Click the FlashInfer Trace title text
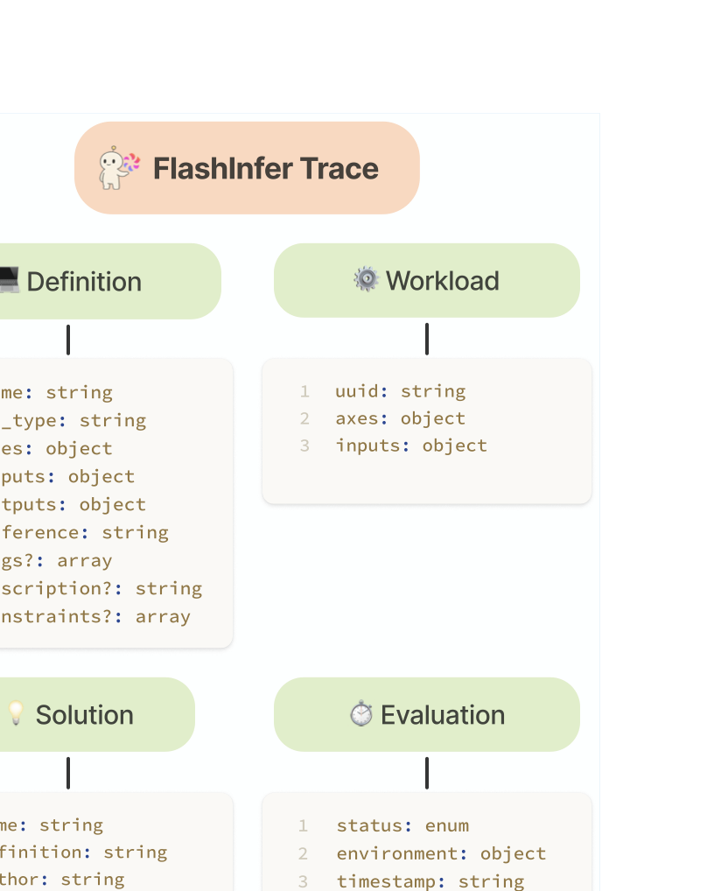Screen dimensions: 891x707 [x=265, y=168]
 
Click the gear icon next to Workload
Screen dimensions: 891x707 [x=366, y=280]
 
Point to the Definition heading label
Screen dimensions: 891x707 [x=84, y=282]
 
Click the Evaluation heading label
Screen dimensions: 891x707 [x=443, y=715]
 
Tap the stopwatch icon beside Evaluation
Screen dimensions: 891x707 [x=361, y=714]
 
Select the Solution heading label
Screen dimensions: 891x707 [x=84, y=715]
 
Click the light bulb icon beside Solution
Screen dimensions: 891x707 [x=16, y=714]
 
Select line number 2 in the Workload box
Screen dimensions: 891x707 [x=304, y=418]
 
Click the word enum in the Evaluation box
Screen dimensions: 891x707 [x=447, y=825]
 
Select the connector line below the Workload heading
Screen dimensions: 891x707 [x=427, y=339]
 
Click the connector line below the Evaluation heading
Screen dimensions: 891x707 [x=427, y=773]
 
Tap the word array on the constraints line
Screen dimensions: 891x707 [x=163, y=616]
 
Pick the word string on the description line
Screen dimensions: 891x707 [x=169, y=588]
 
